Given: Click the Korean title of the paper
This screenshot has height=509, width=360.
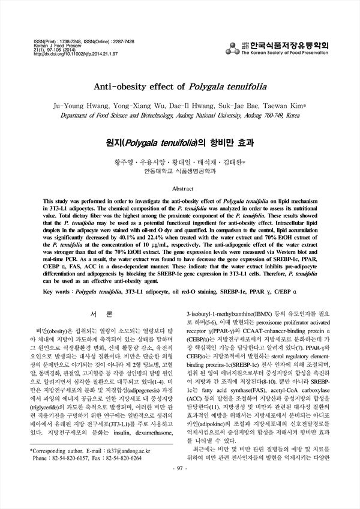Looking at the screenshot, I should pos(179,143).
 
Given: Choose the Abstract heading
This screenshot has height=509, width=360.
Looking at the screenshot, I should pos(179,188).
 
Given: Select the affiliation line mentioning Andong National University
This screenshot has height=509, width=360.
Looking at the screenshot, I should pos(179,115).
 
